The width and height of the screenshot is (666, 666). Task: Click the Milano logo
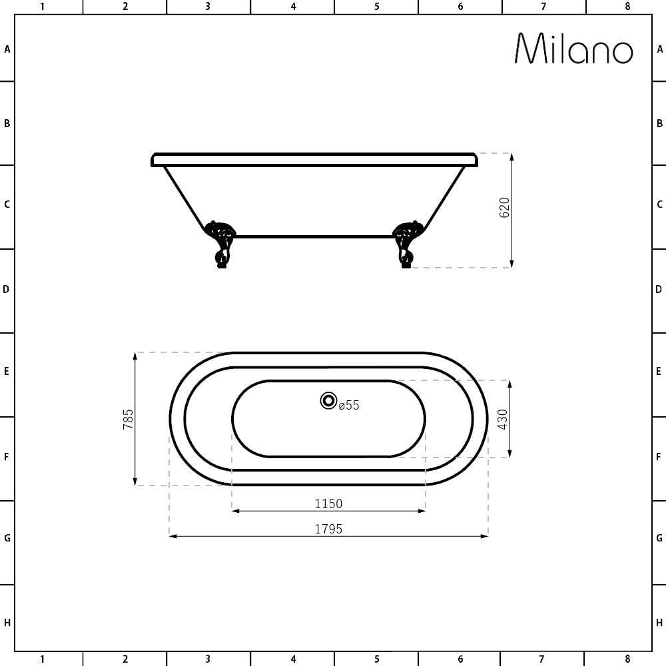click(574, 49)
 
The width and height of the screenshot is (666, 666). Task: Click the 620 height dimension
click(504, 208)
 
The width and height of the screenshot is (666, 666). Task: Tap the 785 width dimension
click(128, 419)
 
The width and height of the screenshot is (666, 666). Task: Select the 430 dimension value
click(502, 419)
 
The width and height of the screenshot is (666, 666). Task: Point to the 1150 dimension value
click(328, 503)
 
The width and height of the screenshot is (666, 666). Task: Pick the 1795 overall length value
click(328, 529)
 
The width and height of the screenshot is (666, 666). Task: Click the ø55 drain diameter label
click(349, 406)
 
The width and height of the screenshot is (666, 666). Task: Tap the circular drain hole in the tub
click(328, 400)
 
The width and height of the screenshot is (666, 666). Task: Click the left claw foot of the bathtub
click(220, 244)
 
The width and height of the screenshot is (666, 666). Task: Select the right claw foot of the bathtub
click(408, 244)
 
